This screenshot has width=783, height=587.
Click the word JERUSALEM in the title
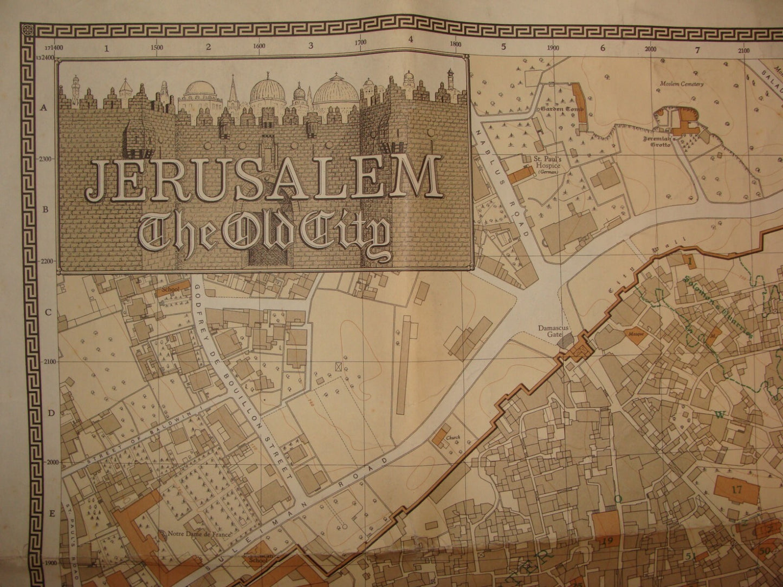click(264, 177)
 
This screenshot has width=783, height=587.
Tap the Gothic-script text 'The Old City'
click(264, 230)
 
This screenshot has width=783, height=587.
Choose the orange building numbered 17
click(736, 489)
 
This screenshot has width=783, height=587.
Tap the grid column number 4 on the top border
click(411, 40)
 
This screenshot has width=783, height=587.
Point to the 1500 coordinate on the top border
click(156, 47)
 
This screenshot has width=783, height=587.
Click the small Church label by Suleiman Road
click(453, 438)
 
